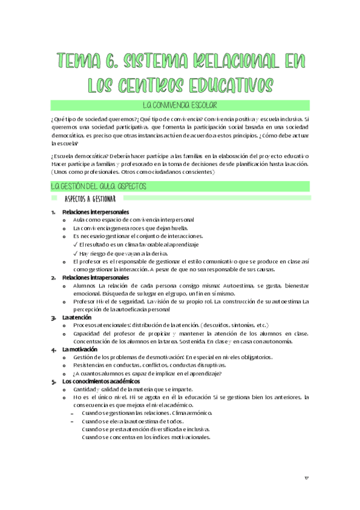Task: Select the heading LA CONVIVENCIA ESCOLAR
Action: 180,105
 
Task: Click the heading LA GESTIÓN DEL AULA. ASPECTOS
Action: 98,186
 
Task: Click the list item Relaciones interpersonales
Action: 90,212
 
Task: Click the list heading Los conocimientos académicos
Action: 100,381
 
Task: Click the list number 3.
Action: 53,317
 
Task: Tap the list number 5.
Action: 53,381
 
